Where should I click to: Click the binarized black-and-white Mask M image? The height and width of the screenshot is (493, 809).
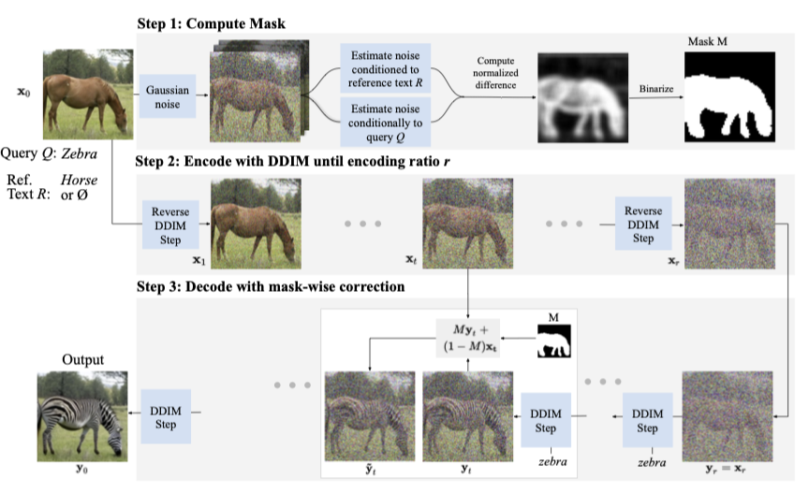pos(730,96)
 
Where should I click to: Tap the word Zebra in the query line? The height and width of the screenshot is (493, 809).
pos(80,153)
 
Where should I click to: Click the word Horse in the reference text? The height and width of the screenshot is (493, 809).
pos(80,179)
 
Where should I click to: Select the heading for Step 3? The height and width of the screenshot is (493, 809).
pos(271,286)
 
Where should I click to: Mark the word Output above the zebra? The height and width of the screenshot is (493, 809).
pos(81,359)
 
